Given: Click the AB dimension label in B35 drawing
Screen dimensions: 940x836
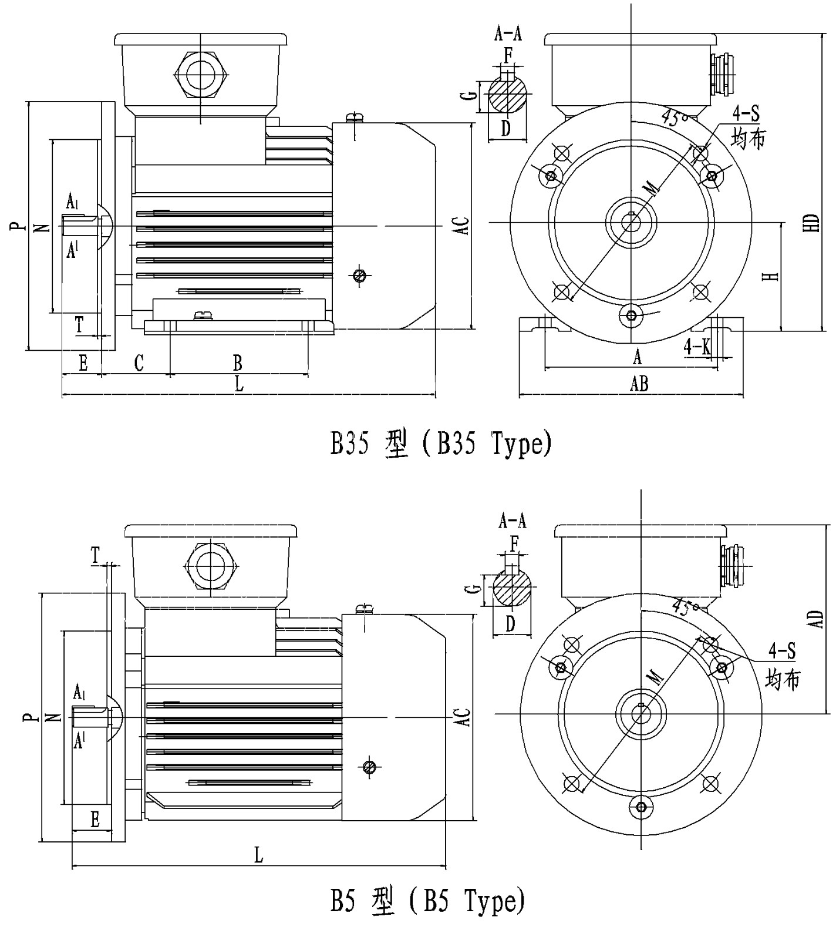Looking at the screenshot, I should [639, 384].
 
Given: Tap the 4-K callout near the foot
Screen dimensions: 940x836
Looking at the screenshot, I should [697, 347].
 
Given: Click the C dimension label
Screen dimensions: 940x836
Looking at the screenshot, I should [139, 363].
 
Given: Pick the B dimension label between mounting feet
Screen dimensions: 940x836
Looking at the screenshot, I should [237, 362].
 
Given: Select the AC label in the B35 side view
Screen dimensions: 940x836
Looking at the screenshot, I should [463, 226].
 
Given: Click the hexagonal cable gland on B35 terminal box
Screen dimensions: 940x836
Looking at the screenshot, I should [201, 76].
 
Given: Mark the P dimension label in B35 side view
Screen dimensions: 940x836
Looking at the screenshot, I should [17, 226].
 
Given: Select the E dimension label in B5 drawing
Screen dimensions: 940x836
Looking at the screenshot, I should [95, 820].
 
